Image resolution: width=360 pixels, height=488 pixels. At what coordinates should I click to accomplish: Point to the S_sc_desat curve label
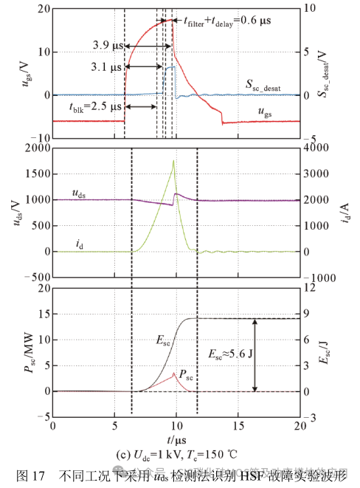[269, 86]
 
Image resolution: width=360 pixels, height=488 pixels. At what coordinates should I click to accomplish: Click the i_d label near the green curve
[79, 241]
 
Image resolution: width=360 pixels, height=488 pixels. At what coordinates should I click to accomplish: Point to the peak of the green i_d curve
[173, 161]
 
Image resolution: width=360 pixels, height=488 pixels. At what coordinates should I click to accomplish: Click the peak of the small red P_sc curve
[173, 374]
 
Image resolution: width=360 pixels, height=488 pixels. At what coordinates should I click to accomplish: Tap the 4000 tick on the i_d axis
[314, 148]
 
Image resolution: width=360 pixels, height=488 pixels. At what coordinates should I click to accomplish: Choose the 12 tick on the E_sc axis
[309, 288]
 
